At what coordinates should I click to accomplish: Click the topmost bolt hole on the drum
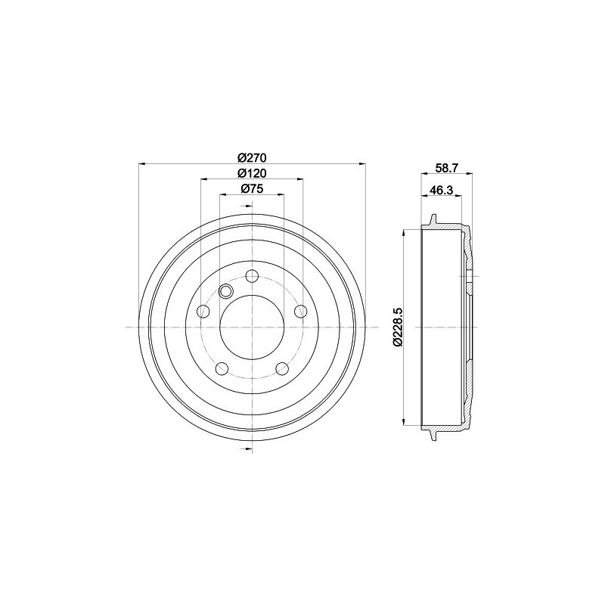point(252,275)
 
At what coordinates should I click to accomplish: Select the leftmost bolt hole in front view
point(203,311)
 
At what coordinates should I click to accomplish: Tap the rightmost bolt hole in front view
point(300,311)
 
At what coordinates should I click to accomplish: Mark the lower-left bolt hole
point(222,368)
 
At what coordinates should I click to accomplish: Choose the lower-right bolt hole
point(281,368)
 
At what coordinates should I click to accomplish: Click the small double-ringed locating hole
point(225,291)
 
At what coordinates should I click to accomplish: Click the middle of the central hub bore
point(252,327)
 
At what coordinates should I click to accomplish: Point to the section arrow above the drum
point(249,206)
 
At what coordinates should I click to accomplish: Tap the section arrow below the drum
point(249,449)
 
